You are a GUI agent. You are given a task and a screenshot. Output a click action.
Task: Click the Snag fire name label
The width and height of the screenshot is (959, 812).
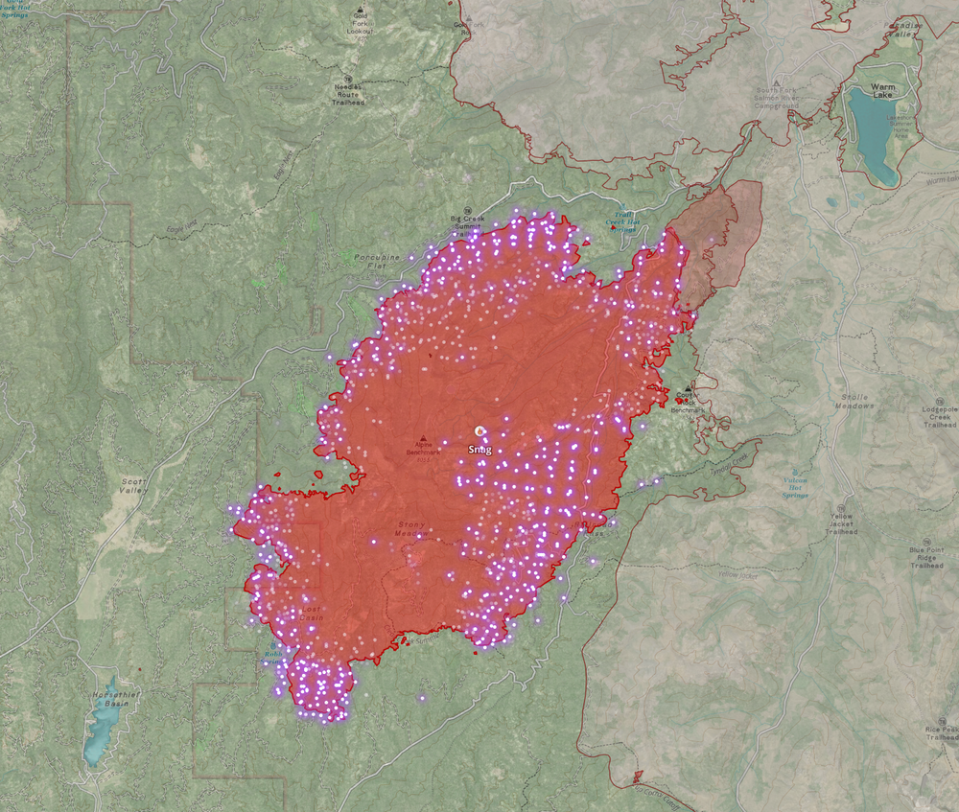[x=479, y=449]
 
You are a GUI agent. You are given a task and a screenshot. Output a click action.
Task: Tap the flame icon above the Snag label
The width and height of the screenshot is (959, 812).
[x=479, y=432]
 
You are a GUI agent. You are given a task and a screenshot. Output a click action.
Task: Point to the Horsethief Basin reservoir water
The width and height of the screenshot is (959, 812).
[x=96, y=733]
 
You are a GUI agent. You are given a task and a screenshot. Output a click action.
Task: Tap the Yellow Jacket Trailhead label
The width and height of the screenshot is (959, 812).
[x=842, y=523]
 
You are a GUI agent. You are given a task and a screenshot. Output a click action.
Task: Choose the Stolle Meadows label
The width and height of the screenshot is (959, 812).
[x=853, y=402]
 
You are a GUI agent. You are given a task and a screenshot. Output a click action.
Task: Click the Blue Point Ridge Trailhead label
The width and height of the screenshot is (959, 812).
[x=927, y=557]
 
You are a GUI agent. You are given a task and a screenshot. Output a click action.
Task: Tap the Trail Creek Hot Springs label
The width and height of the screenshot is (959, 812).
[x=620, y=222]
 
